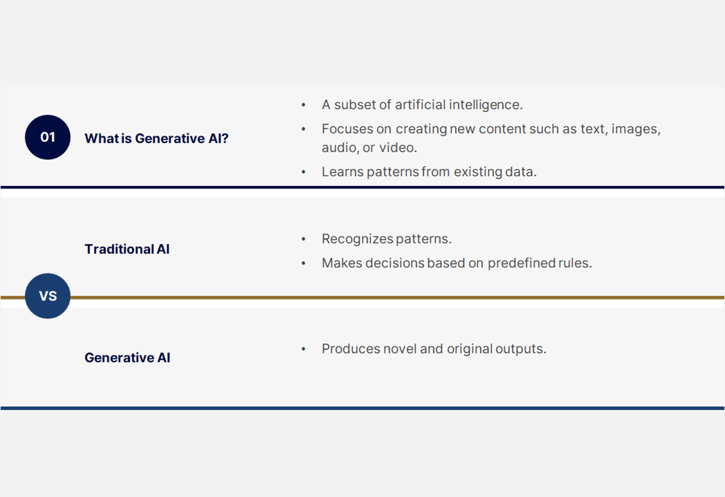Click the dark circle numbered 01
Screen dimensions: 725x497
tap(48, 137)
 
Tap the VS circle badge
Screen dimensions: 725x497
tap(48, 296)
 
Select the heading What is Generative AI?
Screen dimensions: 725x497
tap(157, 138)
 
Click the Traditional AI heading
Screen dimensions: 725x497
tap(127, 249)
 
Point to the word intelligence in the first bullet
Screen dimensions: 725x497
tap(486, 105)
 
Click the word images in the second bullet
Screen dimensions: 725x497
tap(636, 129)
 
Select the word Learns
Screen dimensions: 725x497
tap(343, 172)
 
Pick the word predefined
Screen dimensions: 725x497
tap(521, 263)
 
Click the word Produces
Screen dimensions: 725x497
tap(351, 349)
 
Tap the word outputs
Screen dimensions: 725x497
tap(521, 349)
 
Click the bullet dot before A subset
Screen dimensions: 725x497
tap(304, 105)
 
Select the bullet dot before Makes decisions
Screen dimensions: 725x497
tap(304, 263)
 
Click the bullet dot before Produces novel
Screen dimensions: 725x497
tap(304, 349)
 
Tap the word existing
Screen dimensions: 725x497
tap(478, 172)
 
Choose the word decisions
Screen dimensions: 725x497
tap(394, 263)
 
